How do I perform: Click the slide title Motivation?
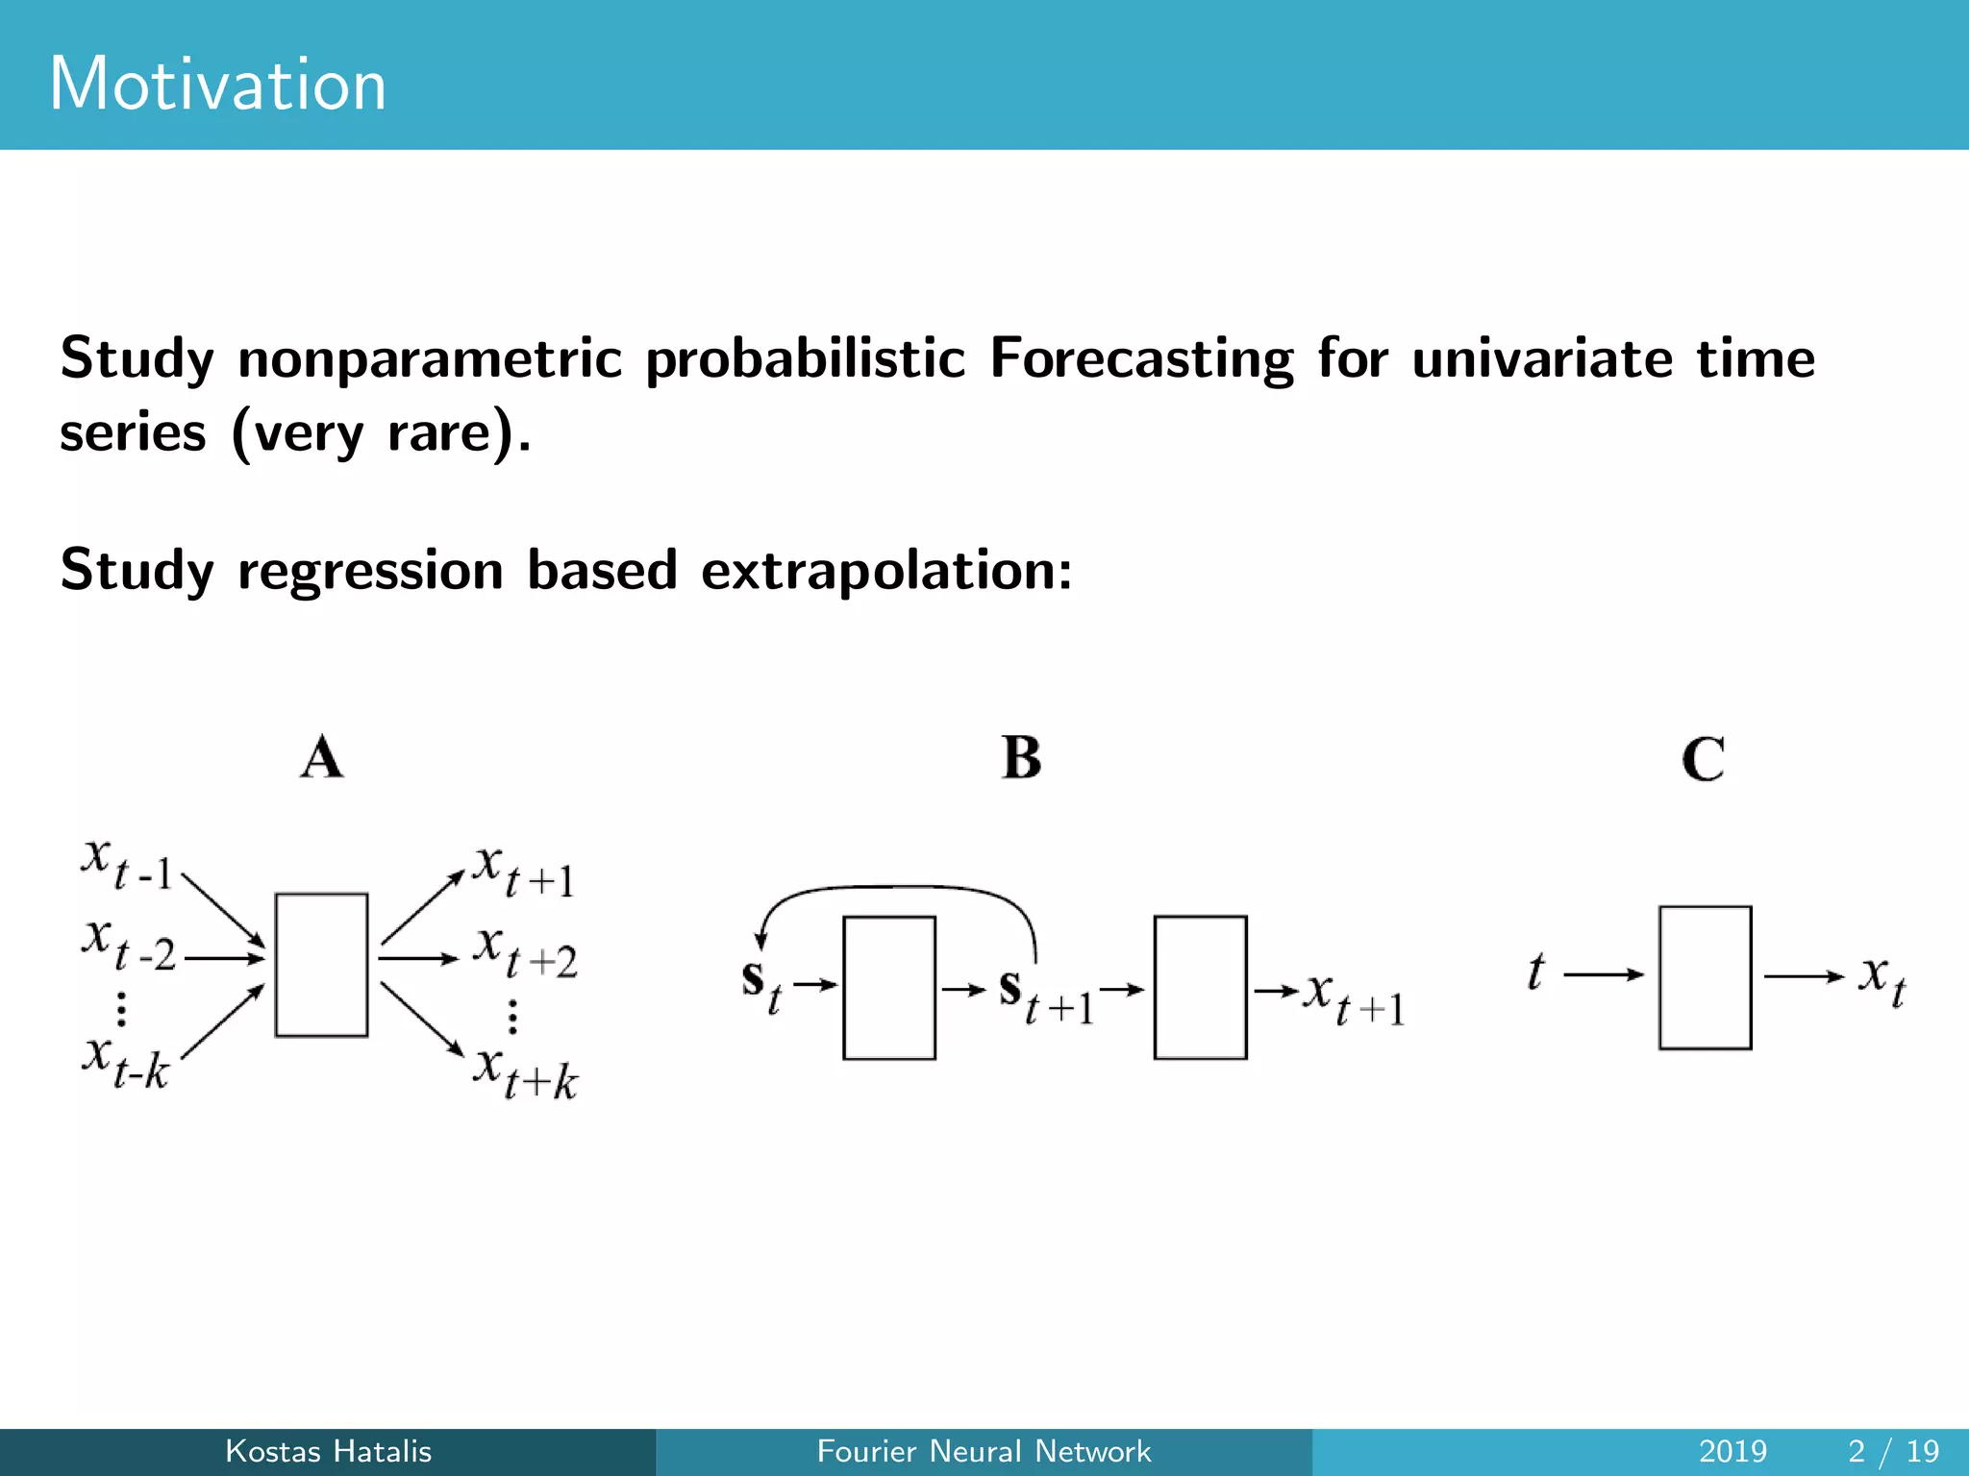pyautogui.click(x=217, y=84)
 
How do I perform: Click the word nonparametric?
pyautogui.click(x=429, y=359)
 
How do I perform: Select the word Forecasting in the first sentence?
pyautogui.click(x=1141, y=359)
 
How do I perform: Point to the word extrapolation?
pyautogui.click(x=885, y=570)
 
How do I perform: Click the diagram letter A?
pyautogui.click(x=322, y=757)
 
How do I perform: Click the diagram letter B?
pyautogui.click(x=1021, y=757)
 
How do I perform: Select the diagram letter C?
pyautogui.click(x=1703, y=759)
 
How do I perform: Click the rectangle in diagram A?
pyautogui.click(x=321, y=965)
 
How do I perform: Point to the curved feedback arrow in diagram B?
pyautogui.click(x=899, y=889)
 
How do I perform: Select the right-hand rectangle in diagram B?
pyautogui.click(x=1200, y=987)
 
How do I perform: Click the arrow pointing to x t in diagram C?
pyautogui.click(x=1803, y=976)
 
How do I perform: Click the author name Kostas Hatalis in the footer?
pyautogui.click(x=328, y=1451)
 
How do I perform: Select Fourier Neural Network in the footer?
pyautogui.click(x=984, y=1451)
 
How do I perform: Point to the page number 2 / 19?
pyautogui.click(x=1893, y=1451)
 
